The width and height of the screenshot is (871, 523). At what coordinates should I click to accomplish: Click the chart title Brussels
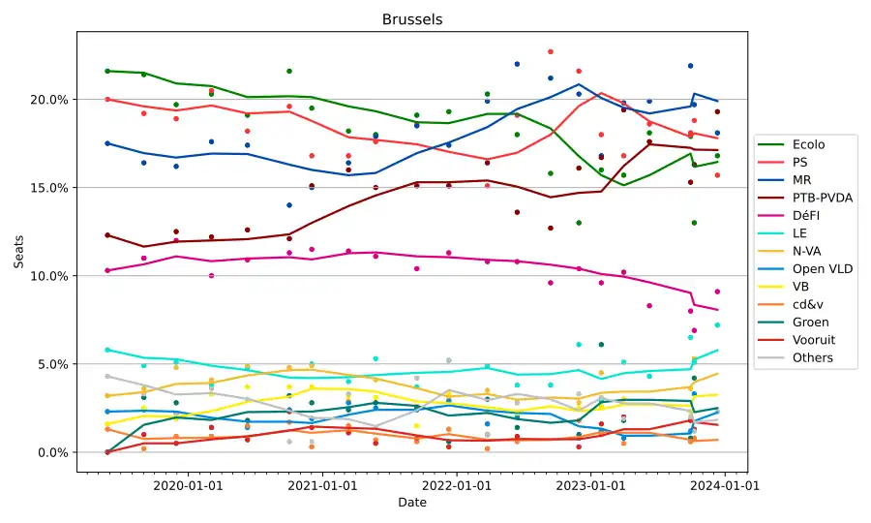click(x=412, y=19)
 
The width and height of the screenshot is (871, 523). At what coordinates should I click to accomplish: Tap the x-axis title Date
click(x=412, y=503)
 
